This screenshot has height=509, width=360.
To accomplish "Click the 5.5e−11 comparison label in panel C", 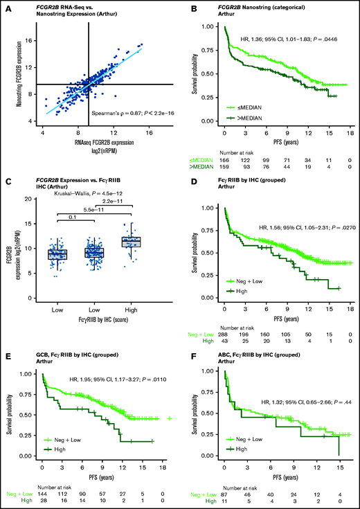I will click(96, 209).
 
